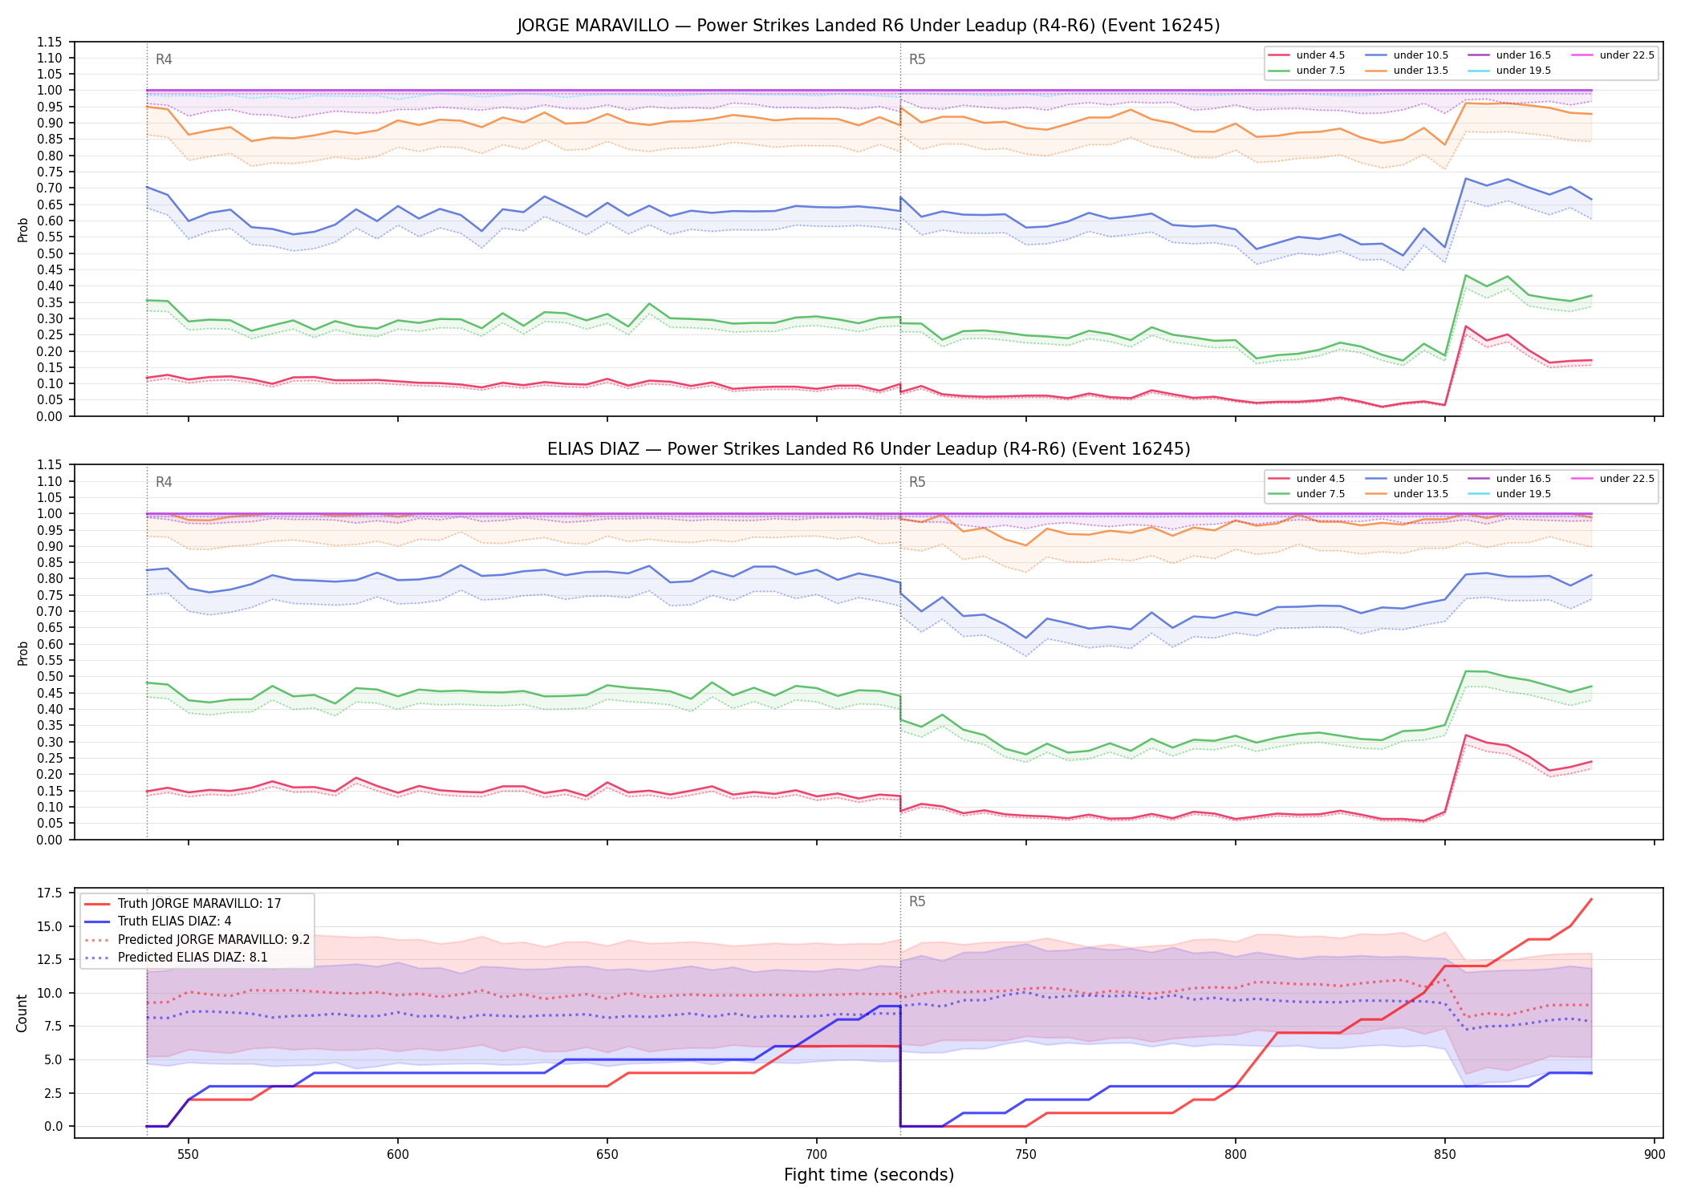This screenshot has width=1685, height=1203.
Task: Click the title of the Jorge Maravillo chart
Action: click(x=868, y=26)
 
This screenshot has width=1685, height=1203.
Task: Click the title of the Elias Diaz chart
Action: click(x=868, y=449)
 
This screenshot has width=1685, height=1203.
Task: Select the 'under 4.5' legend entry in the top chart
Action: click(x=1307, y=55)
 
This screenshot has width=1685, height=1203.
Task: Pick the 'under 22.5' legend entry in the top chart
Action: click(x=1613, y=55)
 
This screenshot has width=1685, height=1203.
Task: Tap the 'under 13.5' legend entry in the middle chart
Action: click(x=1408, y=494)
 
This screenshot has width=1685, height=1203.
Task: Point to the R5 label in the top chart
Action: click(x=917, y=59)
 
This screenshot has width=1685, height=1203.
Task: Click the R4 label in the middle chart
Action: click(x=164, y=482)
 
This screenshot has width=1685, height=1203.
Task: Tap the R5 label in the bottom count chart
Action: click(x=917, y=901)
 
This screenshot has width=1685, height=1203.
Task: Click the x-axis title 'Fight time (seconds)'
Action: click(x=869, y=1175)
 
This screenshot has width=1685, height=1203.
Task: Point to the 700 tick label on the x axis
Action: click(x=817, y=1155)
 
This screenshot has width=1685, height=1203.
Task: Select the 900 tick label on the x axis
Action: click(x=1655, y=1155)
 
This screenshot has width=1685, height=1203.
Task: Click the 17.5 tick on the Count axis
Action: click(x=53, y=893)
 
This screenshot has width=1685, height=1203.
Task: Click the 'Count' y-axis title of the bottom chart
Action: click(x=22, y=1013)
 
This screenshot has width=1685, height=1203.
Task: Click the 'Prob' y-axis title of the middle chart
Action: click(x=22, y=653)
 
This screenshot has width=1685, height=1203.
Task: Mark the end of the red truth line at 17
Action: click(x=1591, y=899)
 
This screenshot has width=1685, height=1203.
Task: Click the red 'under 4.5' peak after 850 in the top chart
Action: click(x=1466, y=326)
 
